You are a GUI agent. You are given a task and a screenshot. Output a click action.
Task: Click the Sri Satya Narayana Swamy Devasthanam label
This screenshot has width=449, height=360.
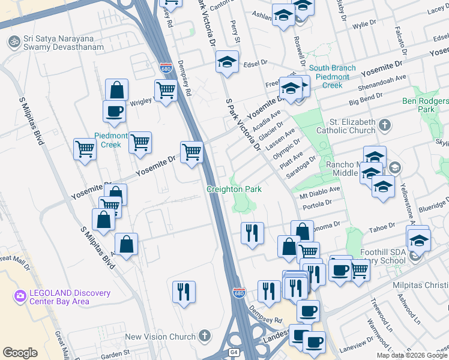pyautogui.click(x=66, y=46)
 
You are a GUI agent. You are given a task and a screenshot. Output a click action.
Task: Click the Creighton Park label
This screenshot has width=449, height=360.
pyautogui.click(x=234, y=189)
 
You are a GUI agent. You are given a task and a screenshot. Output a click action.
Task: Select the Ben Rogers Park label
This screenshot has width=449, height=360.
pyautogui.click(x=426, y=106)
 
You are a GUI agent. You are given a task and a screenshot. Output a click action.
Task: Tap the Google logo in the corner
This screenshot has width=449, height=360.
pyautogui.click(x=20, y=352)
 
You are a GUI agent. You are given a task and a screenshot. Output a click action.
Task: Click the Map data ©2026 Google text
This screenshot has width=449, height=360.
pyautogui.click(x=412, y=355)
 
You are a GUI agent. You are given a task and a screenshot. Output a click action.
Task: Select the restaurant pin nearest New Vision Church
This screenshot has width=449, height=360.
pyautogui.click(x=184, y=292)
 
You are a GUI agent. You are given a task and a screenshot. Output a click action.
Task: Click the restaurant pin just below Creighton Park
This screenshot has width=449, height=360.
pyautogui.click(x=252, y=232)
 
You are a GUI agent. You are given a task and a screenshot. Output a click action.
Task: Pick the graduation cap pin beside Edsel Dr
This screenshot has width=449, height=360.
pyautogui.click(x=227, y=62)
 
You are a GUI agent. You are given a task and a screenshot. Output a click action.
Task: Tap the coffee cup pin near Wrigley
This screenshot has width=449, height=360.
pyautogui.click(x=113, y=111)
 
